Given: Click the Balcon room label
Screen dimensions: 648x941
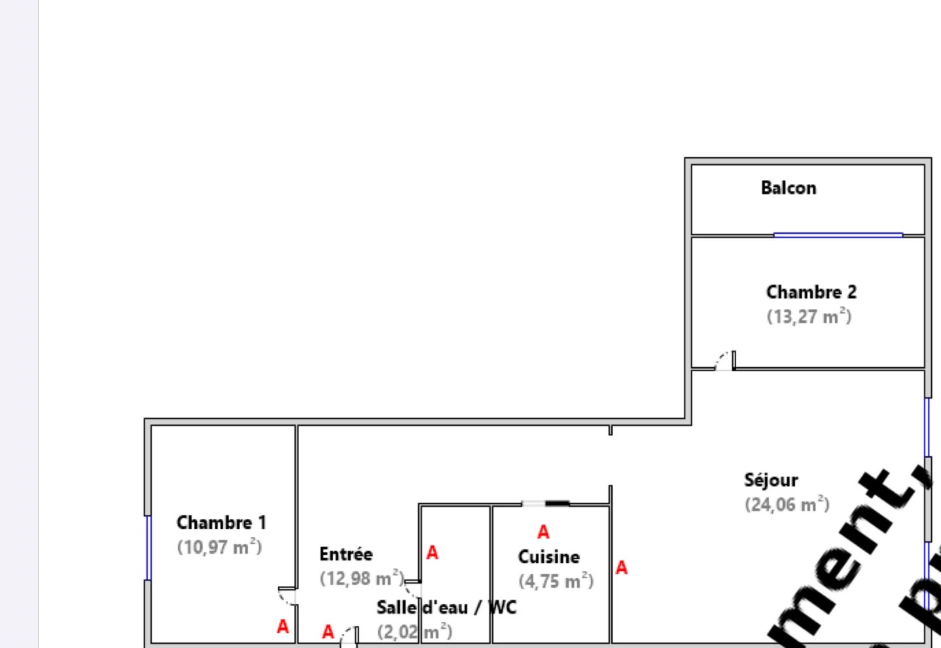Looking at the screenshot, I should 789,189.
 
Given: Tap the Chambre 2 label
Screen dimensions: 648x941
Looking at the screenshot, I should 811,292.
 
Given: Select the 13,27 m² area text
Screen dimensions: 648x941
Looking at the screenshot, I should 809,317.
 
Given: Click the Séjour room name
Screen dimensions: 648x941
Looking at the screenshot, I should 771,480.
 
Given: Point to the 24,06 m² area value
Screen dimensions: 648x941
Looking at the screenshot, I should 787,505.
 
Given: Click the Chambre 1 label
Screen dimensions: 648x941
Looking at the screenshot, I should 221,523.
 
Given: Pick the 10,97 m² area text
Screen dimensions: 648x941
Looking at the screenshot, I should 219,547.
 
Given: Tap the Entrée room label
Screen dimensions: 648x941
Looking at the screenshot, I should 346,554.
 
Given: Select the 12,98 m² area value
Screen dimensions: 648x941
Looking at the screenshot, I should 361,579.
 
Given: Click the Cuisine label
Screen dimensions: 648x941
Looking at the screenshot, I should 548,557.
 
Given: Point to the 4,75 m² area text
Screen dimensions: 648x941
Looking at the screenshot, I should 556,581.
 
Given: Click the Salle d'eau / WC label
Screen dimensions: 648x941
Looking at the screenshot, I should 446,608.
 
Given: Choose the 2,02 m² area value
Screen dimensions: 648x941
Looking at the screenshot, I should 414,632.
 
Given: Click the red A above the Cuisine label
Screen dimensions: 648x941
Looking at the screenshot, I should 543,532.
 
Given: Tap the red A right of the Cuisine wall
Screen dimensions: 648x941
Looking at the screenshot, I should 622,567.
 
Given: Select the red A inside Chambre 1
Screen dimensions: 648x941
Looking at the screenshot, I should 283,627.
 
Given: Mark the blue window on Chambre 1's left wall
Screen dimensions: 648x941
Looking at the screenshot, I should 149,547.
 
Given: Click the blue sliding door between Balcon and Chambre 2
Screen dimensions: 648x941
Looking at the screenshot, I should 838,234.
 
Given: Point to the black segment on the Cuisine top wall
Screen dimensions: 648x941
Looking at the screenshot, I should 557,503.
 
